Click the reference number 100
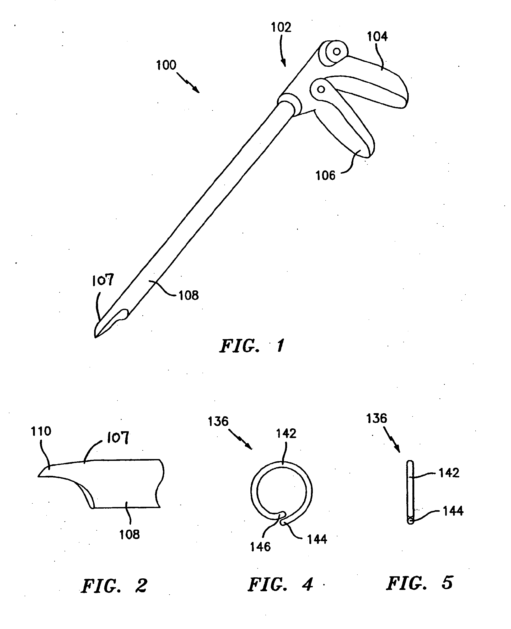166,65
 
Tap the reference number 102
281,27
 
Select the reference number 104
377,37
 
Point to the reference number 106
325,175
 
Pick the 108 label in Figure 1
189,295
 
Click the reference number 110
41,431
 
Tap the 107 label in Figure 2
118,438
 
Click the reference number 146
260,547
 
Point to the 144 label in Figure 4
317,539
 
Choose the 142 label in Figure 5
449,473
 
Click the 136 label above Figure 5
376,418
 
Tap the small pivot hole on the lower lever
321,89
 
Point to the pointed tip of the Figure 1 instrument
96,337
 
